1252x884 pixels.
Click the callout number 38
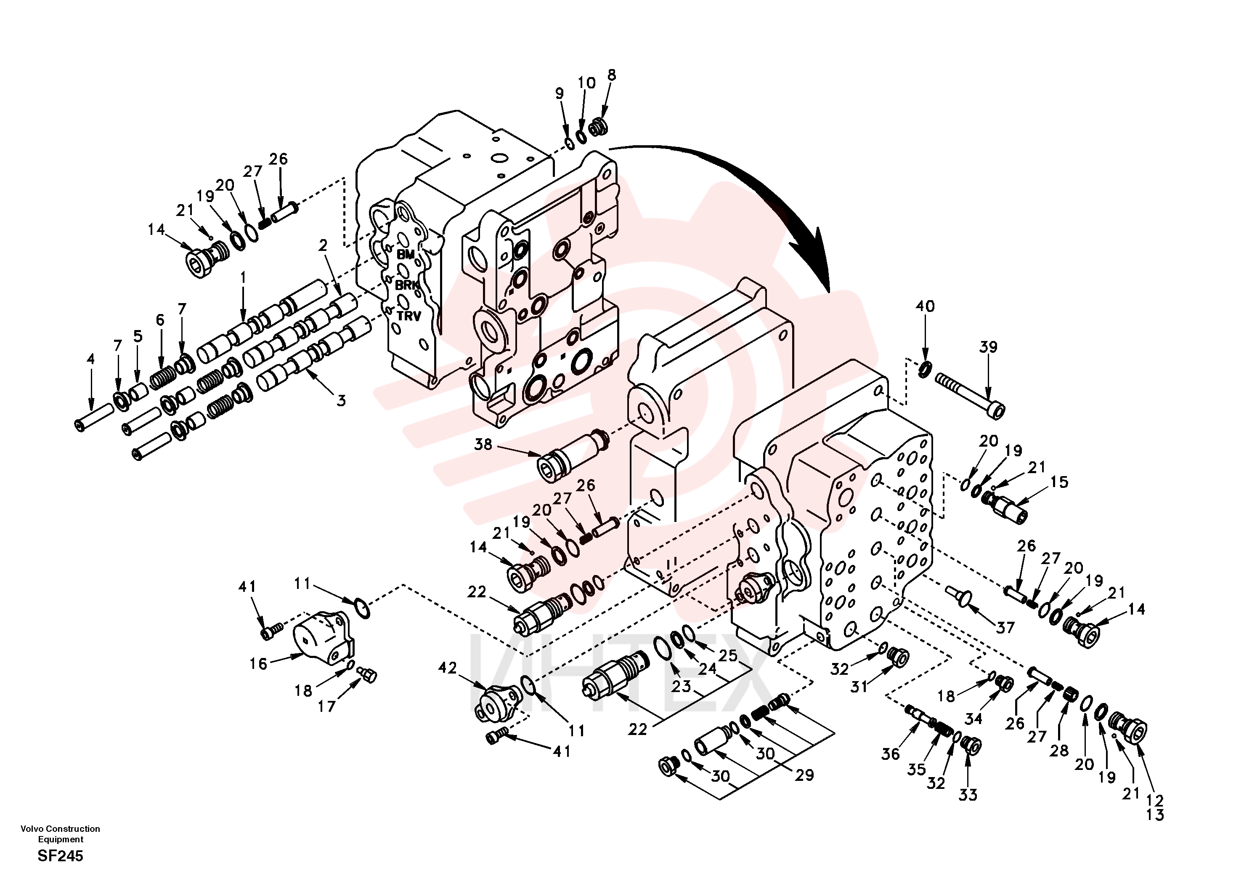click(x=483, y=445)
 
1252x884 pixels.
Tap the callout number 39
click(x=989, y=347)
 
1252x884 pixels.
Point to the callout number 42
click(x=448, y=668)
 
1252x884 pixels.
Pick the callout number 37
click(x=1005, y=628)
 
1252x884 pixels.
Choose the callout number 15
click(x=1059, y=482)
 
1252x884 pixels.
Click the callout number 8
click(x=612, y=75)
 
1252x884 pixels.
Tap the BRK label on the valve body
click(x=407, y=285)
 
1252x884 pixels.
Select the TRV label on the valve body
click(x=408, y=316)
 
